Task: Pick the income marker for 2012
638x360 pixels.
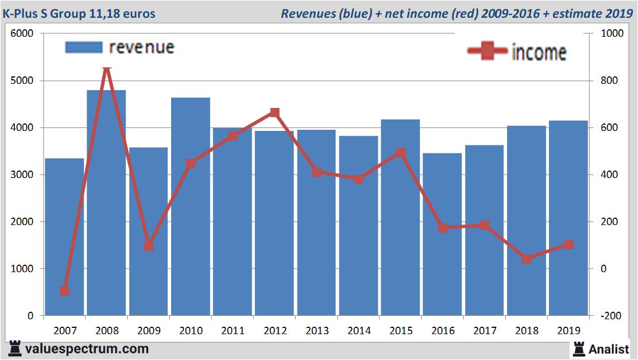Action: click(x=274, y=113)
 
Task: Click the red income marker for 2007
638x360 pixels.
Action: click(x=64, y=291)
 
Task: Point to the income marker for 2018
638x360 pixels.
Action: click(x=527, y=259)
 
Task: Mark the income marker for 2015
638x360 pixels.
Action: click(x=401, y=153)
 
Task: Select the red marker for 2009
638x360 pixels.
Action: click(x=149, y=246)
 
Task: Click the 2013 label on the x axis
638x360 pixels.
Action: click(x=316, y=331)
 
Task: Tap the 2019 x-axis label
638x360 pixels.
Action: click(x=569, y=331)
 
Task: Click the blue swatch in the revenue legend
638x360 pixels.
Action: click(x=84, y=47)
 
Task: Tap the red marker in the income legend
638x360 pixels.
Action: click(x=488, y=52)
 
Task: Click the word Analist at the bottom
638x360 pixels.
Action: click(x=609, y=348)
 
